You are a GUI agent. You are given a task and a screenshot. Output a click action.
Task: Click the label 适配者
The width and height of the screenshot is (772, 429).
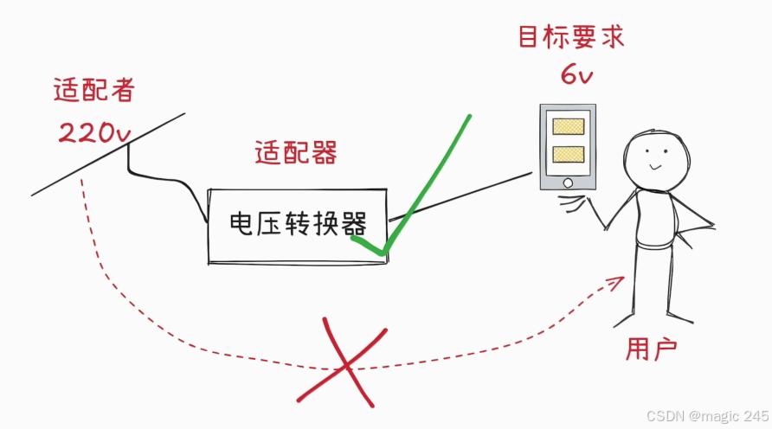tap(93, 92)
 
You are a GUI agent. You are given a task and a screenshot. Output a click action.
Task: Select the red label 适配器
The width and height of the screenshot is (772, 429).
tap(295, 153)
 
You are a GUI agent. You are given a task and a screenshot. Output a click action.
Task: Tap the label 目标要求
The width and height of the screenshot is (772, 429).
tap(570, 39)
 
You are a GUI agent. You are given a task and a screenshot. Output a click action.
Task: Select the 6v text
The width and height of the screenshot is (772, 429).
tap(576, 76)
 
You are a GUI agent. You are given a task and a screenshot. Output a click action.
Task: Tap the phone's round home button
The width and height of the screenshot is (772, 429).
tap(567, 182)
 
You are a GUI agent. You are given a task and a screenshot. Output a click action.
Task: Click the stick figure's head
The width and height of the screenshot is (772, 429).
tap(657, 157)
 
